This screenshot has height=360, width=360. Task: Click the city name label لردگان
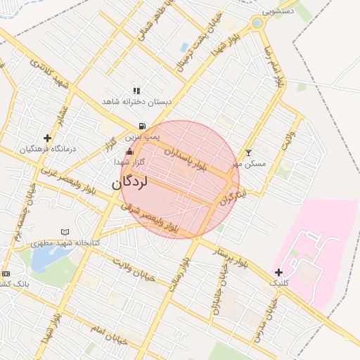(x=130, y=182)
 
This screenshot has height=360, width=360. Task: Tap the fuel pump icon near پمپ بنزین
(x=142, y=127)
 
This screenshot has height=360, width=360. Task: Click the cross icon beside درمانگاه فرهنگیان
(x=47, y=138)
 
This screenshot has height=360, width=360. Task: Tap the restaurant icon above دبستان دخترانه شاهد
(x=136, y=91)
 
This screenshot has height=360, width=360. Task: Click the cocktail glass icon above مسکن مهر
(x=247, y=153)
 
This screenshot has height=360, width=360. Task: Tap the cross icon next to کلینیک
(x=279, y=272)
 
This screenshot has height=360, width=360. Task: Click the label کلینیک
(x=279, y=283)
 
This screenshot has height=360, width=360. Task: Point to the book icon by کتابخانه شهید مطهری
(x=65, y=231)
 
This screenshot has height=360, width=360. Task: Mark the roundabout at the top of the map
(x=257, y=23)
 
